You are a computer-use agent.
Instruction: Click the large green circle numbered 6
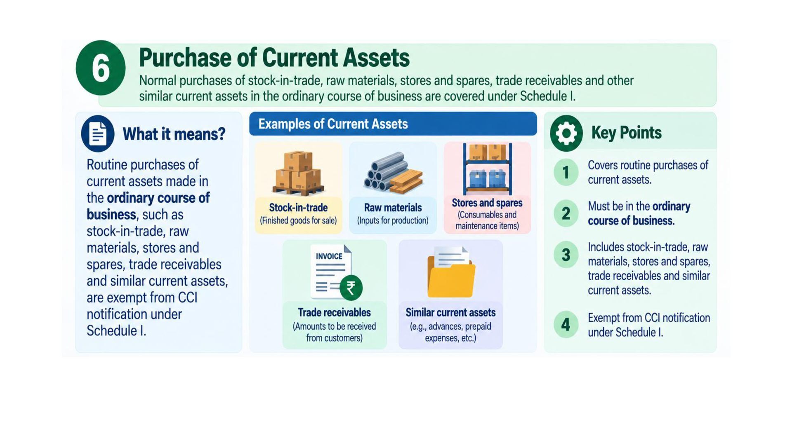coord(101,68)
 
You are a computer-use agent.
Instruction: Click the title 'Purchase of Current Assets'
coord(274,57)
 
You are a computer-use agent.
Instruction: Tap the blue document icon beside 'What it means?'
coord(98,133)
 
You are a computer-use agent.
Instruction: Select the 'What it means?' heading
coord(174,134)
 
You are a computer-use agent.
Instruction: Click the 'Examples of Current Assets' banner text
coord(333,124)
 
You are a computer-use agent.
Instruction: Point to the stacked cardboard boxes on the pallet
coord(298,173)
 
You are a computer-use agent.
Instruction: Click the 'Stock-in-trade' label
coord(298,208)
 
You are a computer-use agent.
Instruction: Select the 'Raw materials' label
coord(393,208)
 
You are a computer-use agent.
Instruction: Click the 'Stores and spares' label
coord(487,203)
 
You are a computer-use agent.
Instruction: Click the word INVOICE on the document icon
coord(329,256)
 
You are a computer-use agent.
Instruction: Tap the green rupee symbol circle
coord(351,288)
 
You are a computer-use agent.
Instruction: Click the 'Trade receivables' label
coord(335,313)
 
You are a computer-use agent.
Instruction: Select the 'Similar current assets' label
coord(450,313)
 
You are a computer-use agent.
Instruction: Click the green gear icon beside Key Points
coord(566,133)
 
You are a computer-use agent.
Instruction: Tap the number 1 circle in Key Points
coord(566,172)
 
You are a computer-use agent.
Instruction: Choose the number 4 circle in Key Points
coord(566,325)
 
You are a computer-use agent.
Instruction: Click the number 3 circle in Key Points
coord(566,255)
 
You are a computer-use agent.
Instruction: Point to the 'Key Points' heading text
coord(626,133)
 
